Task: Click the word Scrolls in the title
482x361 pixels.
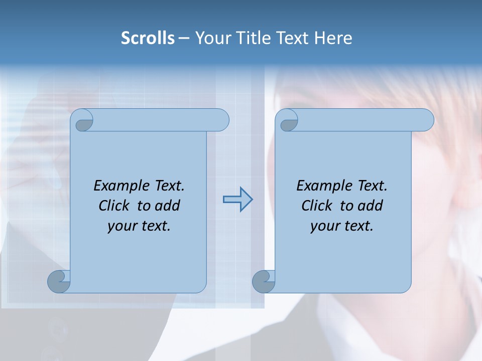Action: point(148,38)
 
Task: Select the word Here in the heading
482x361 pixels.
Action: point(333,38)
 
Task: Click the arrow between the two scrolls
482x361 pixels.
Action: point(237,200)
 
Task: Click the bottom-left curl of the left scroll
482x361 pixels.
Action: point(59,282)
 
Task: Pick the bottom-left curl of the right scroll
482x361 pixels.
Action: point(264,282)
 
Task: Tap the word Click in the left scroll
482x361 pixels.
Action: point(115,206)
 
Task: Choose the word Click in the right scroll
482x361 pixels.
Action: point(317,206)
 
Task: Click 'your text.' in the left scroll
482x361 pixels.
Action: point(139,226)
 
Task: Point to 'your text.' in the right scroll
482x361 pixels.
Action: point(341,226)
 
